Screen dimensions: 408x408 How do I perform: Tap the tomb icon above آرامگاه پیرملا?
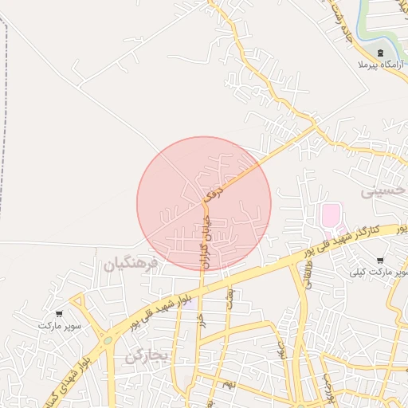pyautogui.click(x=380, y=52)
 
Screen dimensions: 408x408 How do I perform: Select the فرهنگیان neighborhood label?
pyautogui.click(x=131, y=261)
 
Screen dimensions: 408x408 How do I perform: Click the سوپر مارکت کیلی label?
pyautogui.click(x=378, y=272)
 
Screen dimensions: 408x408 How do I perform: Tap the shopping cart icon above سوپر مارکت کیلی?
pyautogui.click(x=380, y=260)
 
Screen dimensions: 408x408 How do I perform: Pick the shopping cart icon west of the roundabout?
pyautogui.click(x=59, y=314)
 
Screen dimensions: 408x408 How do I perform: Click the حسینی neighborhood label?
pyautogui.click(x=383, y=191)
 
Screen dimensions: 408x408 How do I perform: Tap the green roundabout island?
pyautogui.click(x=107, y=340)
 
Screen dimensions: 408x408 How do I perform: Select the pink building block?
pyautogui.click(x=330, y=214)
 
